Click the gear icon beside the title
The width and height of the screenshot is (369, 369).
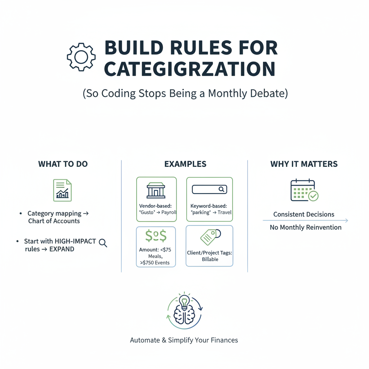[81, 57]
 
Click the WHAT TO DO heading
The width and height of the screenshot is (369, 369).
[63, 164]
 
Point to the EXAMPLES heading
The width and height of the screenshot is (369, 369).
[185, 164]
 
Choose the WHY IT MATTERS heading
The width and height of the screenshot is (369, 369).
[304, 164]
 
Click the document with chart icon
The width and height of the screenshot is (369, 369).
[62, 190]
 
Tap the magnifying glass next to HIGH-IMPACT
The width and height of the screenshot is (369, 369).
[103, 243]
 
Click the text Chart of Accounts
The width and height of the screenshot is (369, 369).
[54, 221]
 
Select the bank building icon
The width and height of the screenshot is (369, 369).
[156, 190]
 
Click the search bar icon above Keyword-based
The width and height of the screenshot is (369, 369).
[209, 189]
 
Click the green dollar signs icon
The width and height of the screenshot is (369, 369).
[156, 236]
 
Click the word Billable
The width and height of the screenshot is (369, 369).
[210, 259]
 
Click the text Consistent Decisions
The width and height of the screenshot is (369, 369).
[304, 214]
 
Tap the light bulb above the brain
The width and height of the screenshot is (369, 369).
[184, 301]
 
